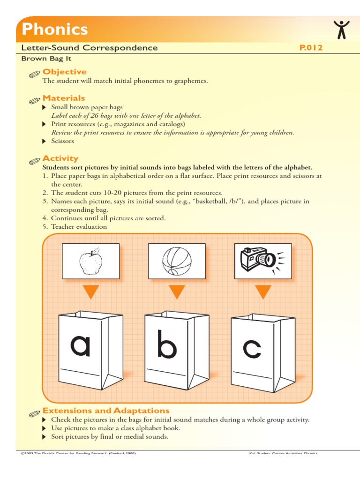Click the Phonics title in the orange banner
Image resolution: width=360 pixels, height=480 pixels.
click(55, 30)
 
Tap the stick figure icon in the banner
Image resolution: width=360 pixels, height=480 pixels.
click(342, 30)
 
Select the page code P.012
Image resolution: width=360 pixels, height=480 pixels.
click(311, 48)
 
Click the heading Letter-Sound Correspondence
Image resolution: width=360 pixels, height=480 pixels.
click(90, 48)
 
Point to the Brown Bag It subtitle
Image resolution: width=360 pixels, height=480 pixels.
click(46, 59)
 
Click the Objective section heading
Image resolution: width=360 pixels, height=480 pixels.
click(64, 72)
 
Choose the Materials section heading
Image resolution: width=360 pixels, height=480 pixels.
click(64, 98)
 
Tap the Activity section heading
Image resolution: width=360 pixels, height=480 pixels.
click(60, 158)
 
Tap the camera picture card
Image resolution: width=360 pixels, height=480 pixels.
click(262, 261)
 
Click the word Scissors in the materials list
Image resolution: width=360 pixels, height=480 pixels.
click(62, 141)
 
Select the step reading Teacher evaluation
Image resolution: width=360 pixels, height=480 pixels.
click(79, 227)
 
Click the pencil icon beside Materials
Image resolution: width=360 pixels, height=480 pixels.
click(34, 100)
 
